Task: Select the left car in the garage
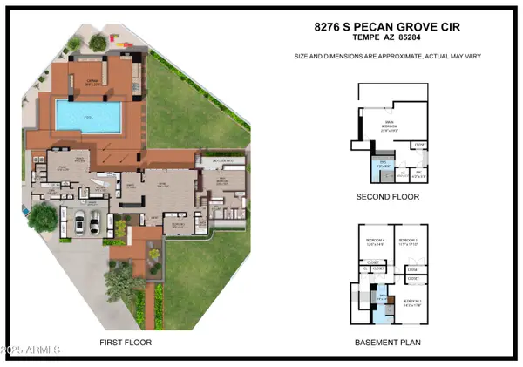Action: pos(79,224)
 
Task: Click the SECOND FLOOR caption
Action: pos(388,197)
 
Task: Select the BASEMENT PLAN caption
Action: pos(388,343)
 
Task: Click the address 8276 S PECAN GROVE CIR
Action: pos(388,27)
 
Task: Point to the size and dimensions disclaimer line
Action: pos(388,57)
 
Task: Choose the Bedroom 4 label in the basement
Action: pos(375,241)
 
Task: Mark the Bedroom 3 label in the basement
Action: pos(408,241)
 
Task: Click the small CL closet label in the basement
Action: pos(364,269)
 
